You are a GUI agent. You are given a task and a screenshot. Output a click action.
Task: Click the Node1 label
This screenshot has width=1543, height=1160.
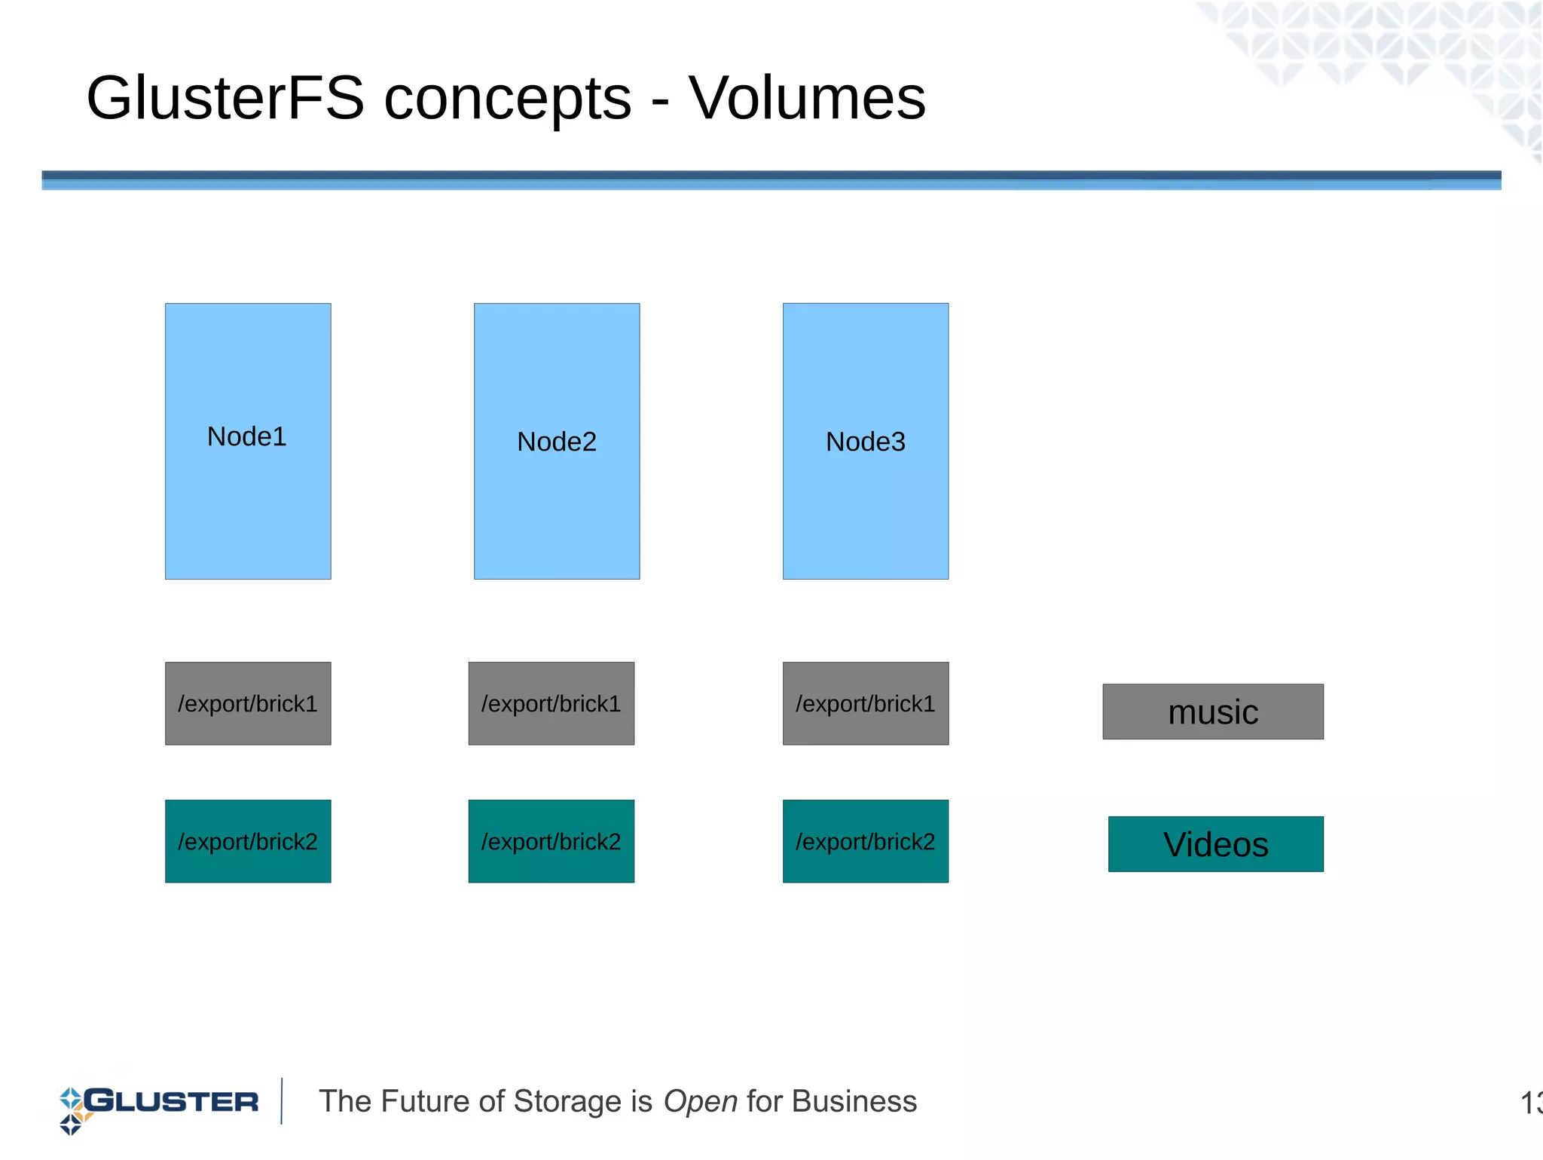pos(247,436)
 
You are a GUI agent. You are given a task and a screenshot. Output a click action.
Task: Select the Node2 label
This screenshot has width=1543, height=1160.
pos(557,442)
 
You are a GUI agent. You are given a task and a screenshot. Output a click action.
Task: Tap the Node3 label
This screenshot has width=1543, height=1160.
pos(865,442)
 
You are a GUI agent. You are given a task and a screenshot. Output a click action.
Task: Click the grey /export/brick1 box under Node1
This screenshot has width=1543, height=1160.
pos(248,703)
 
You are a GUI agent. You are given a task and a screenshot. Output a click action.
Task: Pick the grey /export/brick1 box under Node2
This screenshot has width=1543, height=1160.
pos(551,703)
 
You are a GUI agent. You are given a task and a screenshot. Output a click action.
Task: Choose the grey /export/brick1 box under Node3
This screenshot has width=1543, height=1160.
pos(865,703)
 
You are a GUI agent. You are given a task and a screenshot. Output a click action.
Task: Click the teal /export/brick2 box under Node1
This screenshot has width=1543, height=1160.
pos(248,841)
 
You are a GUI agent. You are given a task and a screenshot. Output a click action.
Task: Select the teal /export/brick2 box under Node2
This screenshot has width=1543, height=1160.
pos(551,841)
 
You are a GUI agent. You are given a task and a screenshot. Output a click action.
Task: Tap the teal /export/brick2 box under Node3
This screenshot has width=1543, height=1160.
pos(865,841)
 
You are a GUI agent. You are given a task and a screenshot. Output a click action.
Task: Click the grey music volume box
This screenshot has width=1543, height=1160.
pos(1212,712)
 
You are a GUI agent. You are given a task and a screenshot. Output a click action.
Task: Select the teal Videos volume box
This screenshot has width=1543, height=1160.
pos(1215,844)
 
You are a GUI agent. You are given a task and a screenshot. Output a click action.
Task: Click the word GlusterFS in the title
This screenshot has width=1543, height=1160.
pos(225,98)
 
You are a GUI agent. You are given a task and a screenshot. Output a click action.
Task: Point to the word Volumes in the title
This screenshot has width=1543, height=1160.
pos(807,98)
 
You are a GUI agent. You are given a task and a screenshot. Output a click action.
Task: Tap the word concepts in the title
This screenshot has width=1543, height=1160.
pos(508,99)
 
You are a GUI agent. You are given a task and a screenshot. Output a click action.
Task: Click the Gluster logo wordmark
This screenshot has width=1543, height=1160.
pos(172,1101)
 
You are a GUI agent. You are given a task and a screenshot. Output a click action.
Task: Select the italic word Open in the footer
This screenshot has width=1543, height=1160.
pos(700,1102)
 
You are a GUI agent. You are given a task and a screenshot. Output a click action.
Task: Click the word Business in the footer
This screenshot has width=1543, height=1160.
pos(854,1101)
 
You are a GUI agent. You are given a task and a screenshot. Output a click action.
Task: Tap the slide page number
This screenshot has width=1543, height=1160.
pos(1530,1103)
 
